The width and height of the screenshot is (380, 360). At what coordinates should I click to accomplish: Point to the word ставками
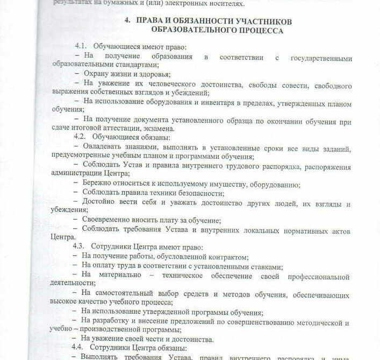(261, 266)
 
